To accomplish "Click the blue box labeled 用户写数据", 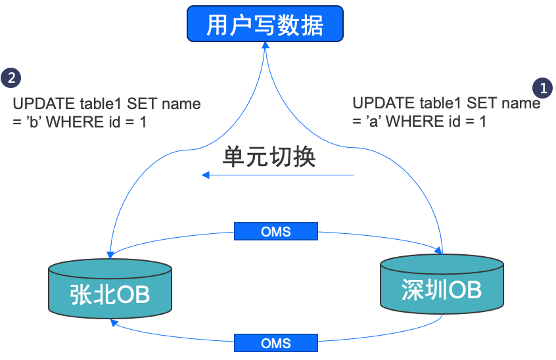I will [x=265, y=24].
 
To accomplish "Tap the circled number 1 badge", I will [x=542, y=87].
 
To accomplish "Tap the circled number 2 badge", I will [x=11, y=78].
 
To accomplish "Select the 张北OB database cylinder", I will [x=110, y=288].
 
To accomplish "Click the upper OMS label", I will [x=276, y=231].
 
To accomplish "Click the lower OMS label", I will [x=276, y=343].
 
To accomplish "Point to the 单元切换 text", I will [x=269, y=157].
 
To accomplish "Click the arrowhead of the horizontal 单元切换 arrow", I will [x=205, y=175].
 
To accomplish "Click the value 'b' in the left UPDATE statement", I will [x=32, y=122].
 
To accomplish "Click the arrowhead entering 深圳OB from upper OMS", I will [x=436, y=248].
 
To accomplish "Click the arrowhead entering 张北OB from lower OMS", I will [x=114, y=322].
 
